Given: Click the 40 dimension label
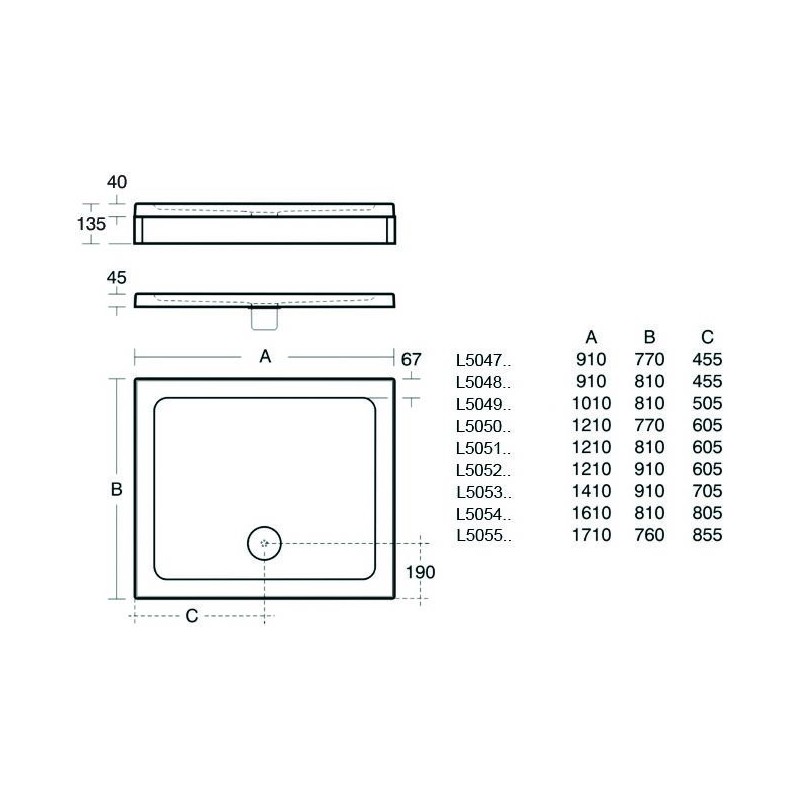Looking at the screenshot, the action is click(117, 182).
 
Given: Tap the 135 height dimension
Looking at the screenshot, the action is click(91, 224).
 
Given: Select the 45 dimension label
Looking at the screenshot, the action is click(116, 278).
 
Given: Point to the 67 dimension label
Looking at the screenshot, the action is click(411, 359).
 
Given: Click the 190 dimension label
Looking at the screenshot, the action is click(420, 572).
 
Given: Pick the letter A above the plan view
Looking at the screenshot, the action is click(265, 357).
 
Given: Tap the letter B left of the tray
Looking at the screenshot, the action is click(116, 489).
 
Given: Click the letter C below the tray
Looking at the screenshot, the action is click(192, 616).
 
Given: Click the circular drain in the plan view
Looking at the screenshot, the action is click(264, 543).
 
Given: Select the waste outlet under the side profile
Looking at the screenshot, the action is click(264, 317).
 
